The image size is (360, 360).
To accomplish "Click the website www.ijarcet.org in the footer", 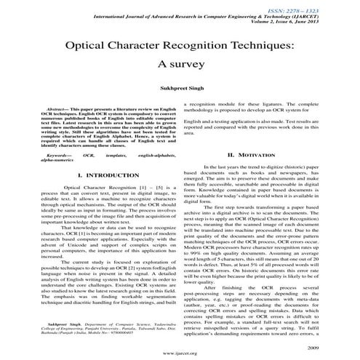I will (180, 348).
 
